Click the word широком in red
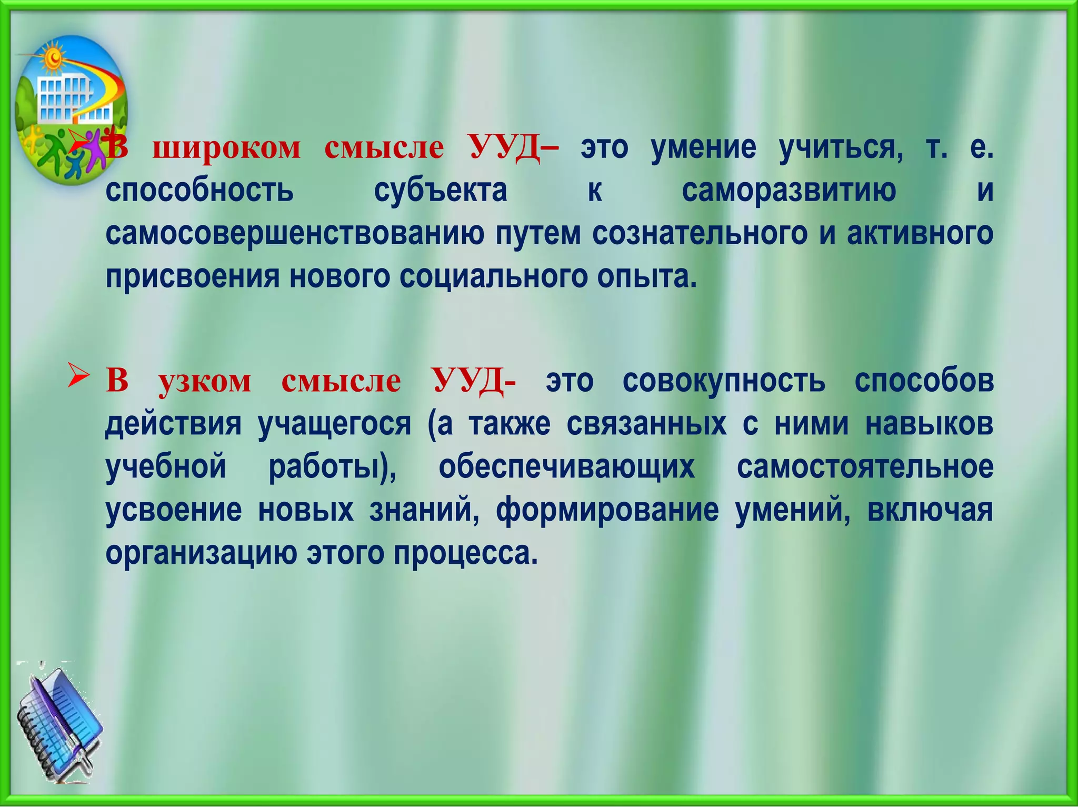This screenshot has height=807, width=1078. (x=226, y=147)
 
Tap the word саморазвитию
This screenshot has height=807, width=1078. (x=788, y=190)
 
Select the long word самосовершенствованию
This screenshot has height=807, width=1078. (x=294, y=234)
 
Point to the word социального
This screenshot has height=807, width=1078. (x=492, y=277)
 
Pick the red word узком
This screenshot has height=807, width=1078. (x=205, y=380)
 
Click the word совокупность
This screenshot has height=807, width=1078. (x=724, y=380)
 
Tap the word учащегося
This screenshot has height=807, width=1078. (x=334, y=424)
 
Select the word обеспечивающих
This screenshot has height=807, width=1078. (x=566, y=467)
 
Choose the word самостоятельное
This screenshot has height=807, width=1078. (x=865, y=467)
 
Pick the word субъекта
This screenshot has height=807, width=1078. (x=441, y=190)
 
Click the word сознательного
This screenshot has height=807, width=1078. (x=700, y=234)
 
